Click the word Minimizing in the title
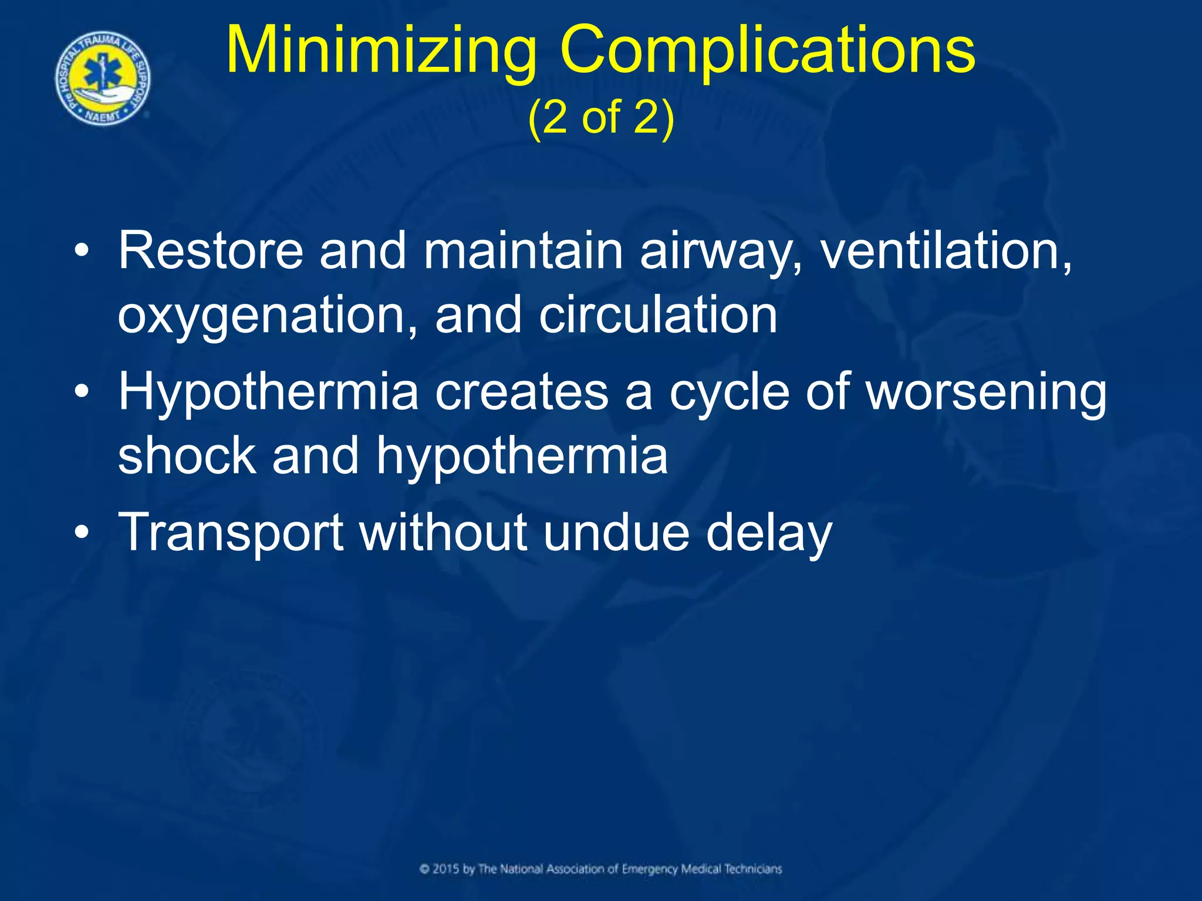pyautogui.click(x=381, y=52)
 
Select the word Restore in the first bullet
pyautogui.click(x=211, y=251)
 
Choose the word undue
pyautogui.click(x=616, y=533)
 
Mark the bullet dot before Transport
pyautogui.click(x=82, y=531)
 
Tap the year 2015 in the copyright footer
pyautogui.click(x=447, y=869)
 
